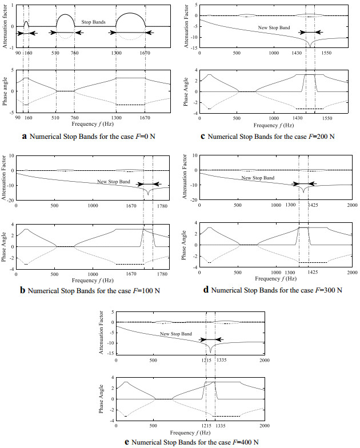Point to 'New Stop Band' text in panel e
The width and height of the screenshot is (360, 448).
pyautogui.click(x=175, y=333)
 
